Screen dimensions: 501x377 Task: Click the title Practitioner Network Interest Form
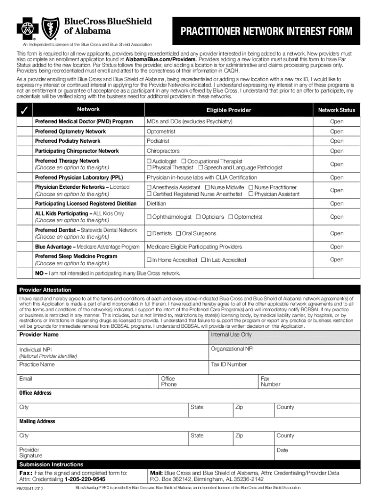266,32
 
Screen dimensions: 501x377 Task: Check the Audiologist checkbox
149,161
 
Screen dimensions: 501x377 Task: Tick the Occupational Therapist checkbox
184,161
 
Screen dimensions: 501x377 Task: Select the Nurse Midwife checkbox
207,187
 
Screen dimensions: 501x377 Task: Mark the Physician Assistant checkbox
251,194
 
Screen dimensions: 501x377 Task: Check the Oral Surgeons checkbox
178,233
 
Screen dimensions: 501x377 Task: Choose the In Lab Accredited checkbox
203,260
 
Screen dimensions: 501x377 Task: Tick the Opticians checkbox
198,217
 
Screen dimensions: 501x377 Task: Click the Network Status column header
336,110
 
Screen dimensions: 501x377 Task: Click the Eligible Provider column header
228,110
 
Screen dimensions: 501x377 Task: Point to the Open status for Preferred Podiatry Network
336,141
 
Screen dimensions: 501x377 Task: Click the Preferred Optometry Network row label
70,132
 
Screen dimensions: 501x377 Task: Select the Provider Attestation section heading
45,290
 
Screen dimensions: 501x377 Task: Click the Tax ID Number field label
229,364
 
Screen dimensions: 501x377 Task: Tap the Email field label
25,379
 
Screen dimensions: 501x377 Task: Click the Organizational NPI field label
232,349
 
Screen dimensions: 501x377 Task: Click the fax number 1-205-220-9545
81,479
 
